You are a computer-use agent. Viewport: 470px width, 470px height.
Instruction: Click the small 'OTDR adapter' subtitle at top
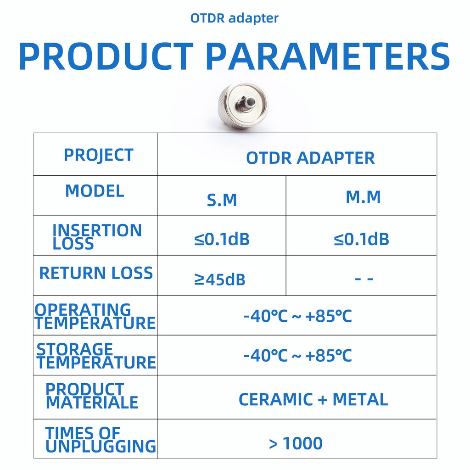[x=235, y=18]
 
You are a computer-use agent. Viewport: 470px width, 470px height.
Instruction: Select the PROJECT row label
[x=99, y=156]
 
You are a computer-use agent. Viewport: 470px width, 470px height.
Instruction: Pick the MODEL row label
[x=95, y=191]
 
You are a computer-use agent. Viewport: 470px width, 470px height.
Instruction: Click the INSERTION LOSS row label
[x=97, y=237]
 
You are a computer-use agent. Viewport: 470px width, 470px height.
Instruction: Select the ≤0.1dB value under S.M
[x=222, y=239]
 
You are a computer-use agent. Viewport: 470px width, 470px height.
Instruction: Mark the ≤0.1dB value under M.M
[x=362, y=239]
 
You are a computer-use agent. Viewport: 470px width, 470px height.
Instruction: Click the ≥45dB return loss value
[x=220, y=280]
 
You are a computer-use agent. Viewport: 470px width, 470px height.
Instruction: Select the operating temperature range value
[x=297, y=316]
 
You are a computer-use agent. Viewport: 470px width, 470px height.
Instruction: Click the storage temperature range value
[x=297, y=356]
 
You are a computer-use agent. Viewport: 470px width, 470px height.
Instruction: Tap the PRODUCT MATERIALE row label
[x=92, y=396]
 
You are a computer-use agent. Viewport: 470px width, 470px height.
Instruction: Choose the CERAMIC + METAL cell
[x=313, y=399]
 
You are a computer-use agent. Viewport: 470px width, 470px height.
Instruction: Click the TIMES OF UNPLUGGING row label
[x=101, y=440]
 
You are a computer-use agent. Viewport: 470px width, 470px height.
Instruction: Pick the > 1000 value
[x=296, y=443]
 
